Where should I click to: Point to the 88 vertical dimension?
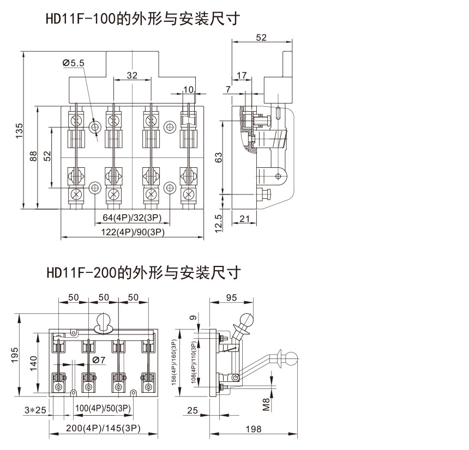34,156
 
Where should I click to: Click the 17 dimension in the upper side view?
242,75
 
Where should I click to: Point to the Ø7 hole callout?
99,360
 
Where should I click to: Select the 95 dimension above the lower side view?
231,298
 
